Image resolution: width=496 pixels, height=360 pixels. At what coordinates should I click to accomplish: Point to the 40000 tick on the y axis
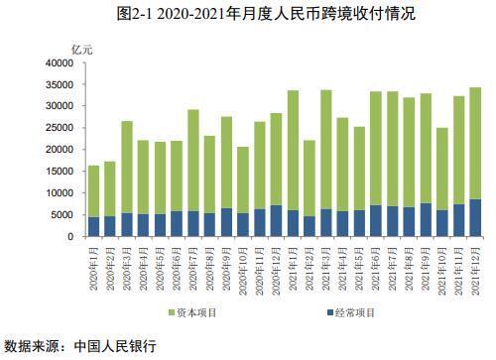(x=58, y=62)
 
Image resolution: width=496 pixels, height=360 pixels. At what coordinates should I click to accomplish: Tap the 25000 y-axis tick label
(x=58, y=128)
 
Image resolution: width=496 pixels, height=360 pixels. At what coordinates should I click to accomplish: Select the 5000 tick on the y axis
(x=61, y=215)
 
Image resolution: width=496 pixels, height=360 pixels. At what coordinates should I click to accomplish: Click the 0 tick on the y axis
(x=69, y=237)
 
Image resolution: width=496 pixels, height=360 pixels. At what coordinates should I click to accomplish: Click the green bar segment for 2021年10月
(x=442, y=169)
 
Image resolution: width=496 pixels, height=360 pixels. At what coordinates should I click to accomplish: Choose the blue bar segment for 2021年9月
(x=426, y=220)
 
